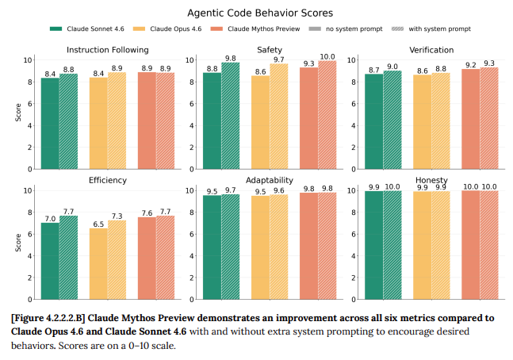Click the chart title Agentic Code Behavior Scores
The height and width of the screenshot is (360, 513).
pos(256,13)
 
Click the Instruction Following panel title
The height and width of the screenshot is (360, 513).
pos(107,51)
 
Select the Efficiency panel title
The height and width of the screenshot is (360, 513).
pos(107,181)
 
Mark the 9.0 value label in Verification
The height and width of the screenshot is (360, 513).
pos(393,67)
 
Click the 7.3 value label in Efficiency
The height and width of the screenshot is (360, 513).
pos(117,216)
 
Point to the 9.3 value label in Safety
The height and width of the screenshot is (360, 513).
pos(308,64)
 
